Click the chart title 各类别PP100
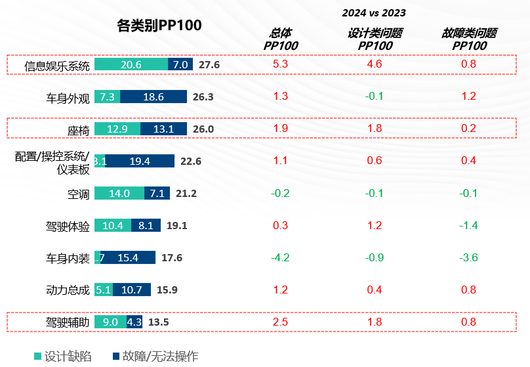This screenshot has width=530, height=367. click(159, 26)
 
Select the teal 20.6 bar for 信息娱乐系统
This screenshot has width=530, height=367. click(131, 64)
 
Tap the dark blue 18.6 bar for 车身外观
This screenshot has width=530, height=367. click(153, 97)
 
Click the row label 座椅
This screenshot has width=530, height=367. click(78, 129)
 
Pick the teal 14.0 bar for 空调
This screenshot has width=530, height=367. click(119, 194)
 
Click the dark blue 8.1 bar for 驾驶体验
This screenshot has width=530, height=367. click(146, 226)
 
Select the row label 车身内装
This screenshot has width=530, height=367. click(68, 258)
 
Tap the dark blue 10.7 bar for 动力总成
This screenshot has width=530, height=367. click(132, 290)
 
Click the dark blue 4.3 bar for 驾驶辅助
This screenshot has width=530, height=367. click(134, 322)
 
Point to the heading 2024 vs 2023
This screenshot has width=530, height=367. click(374, 12)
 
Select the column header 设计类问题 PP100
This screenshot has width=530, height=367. click(375, 39)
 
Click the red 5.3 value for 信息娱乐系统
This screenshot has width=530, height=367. click(280, 64)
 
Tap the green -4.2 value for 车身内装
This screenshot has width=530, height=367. click(280, 257)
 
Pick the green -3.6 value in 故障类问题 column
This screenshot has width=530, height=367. click(469, 257)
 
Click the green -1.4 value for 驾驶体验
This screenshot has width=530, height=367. click(469, 225)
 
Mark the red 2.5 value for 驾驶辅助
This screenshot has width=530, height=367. click(280, 322)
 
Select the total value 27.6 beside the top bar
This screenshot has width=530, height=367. click(209, 65)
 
